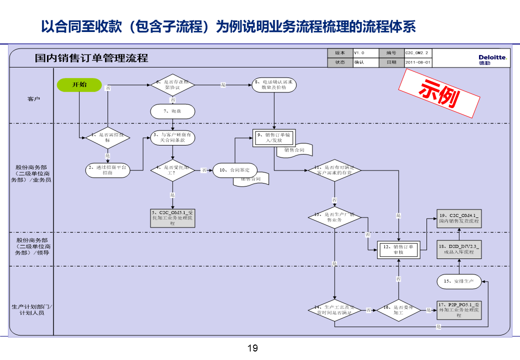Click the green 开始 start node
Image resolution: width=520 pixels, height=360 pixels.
coord(79,84)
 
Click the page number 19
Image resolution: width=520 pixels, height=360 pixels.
coord(252,348)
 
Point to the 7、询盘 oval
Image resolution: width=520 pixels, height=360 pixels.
coord(172,111)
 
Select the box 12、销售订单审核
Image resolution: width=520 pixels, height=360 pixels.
coord(398,249)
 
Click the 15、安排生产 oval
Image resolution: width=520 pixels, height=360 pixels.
coord(458,281)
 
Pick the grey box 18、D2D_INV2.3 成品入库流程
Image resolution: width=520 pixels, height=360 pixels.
coord(458,249)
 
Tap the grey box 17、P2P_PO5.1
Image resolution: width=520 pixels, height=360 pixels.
coord(458,310)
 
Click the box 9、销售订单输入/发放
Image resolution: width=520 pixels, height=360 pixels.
coord(273,137)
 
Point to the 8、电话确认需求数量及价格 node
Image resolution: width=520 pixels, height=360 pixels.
coord(273,84)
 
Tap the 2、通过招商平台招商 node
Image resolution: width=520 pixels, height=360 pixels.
coord(107,170)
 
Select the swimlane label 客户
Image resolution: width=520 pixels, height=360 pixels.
coord(33,99)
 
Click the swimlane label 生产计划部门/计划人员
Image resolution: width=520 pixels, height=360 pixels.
coord(32,309)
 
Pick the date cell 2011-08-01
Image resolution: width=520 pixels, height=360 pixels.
coord(417,62)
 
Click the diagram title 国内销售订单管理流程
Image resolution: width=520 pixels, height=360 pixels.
coord(91,58)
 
